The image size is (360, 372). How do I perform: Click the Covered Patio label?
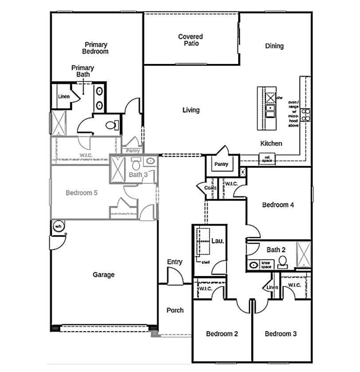pyautogui.click(x=191, y=40)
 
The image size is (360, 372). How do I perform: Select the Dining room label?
pyautogui.click(x=274, y=46)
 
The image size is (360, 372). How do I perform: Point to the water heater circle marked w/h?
pyautogui.click(x=58, y=226)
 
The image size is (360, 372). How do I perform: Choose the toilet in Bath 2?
pyautogui.click(x=282, y=262)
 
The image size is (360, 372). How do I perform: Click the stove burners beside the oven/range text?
pyautogui.click(x=305, y=115)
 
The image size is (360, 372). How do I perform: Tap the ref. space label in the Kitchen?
pyautogui.click(x=267, y=158)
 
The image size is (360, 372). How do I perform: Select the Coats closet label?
pyautogui.click(x=211, y=188)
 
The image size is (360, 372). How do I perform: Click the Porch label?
pyautogui.click(x=175, y=310)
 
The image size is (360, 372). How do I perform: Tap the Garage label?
pyautogui.click(x=104, y=275)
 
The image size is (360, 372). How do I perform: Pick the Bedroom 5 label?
pyautogui.click(x=82, y=193)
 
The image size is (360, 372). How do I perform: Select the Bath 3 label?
pyautogui.click(x=138, y=174)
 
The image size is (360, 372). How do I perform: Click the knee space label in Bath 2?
pyautogui.click(x=266, y=265)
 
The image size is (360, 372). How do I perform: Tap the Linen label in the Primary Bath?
pyautogui.click(x=63, y=97)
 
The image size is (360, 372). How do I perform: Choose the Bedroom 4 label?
pyautogui.click(x=278, y=205)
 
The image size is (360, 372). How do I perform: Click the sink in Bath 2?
pyautogui.click(x=253, y=265)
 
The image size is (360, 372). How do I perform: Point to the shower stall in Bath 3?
pyautogui.click(x=118, y=169)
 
